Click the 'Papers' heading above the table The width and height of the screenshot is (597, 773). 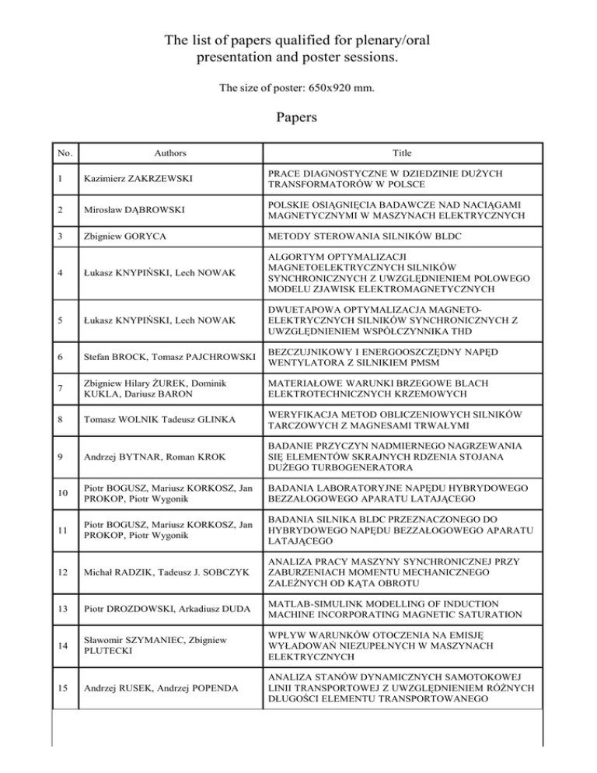298,119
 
